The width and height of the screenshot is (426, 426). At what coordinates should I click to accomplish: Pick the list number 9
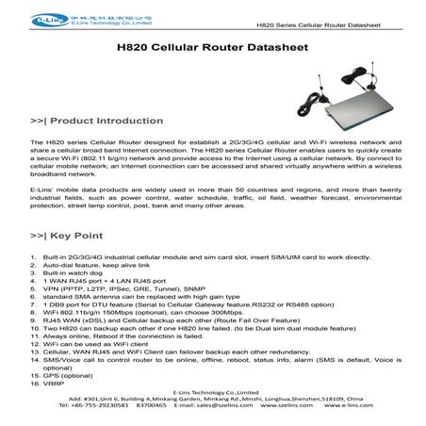[x=35, y=322]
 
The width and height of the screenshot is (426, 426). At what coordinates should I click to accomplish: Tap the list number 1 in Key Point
[x=35, y=256]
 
